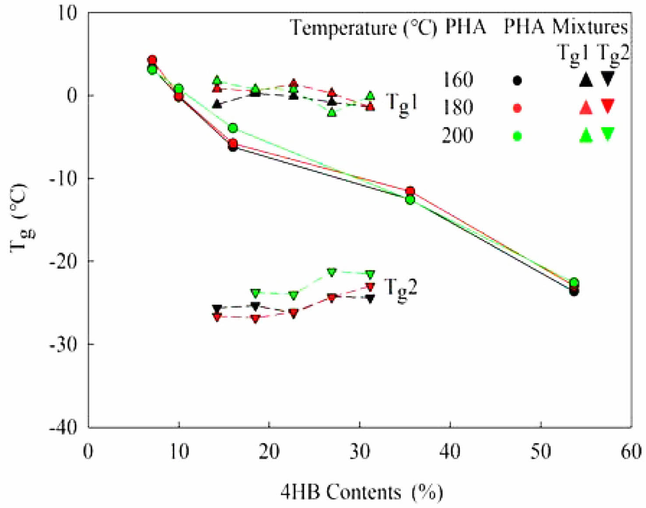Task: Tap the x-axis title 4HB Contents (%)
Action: pos(362,492)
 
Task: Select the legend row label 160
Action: pos(457,80)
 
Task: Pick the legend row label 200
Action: pos(457,135)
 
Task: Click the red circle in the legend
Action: pos(517,108)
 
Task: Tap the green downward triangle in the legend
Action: pos(607,134)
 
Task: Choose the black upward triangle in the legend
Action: pos(586,80)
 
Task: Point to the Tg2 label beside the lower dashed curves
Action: pos(400,288)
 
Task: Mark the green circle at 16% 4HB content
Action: pos(233,128)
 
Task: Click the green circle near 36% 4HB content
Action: pos(410,200)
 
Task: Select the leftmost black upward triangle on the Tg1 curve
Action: pos(217,104)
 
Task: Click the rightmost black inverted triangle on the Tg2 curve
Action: pos(370,299)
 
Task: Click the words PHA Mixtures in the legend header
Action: pos(565,27)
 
